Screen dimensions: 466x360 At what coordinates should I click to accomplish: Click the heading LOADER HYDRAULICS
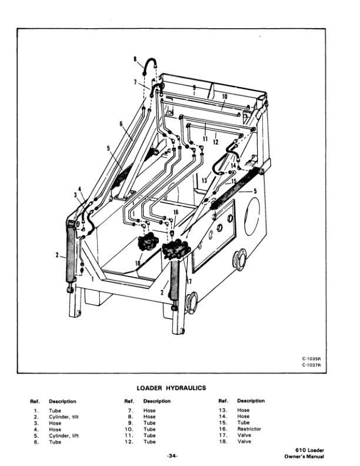click(x=171, y=388)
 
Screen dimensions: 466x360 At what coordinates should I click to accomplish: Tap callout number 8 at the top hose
click(x=135, y=59)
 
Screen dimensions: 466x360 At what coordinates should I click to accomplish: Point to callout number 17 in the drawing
click(x=189, y=281)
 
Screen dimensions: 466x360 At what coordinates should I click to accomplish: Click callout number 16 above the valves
click(x=175, y=212)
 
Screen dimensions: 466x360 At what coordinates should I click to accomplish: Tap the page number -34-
click(x=171, y=455)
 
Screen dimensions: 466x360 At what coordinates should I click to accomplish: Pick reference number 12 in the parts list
click(x=130, y=442)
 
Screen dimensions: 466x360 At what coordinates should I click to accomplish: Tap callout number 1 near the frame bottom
click(x=92, y=279)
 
